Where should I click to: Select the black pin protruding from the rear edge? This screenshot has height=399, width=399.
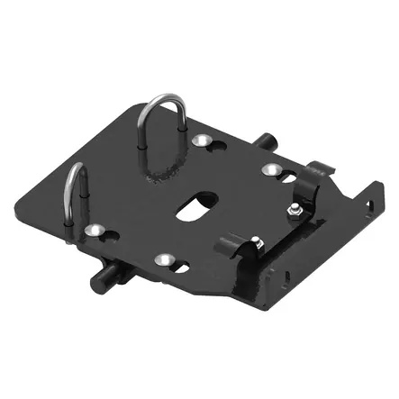point(267,142)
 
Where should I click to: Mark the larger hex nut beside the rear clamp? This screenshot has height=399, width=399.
point(295,209)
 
